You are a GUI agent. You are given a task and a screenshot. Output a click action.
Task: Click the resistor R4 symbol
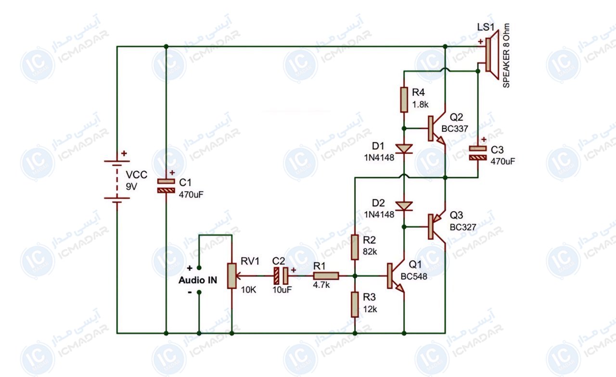[x=404, y=100]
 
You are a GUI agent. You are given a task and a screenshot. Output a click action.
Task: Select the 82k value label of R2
[x=370, y=251]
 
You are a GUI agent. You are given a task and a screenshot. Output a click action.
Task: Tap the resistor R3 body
[x=355, y=305]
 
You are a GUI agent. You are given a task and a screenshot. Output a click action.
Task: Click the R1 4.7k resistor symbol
[x=326, y=276]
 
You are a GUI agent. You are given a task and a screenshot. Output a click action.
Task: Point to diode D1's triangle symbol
[x=404, y=149]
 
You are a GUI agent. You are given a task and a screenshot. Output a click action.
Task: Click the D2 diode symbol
[x=404, y=206]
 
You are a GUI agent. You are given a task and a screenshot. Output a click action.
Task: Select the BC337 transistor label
[x=455, y=128]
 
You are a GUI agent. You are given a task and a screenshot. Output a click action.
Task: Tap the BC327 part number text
[x=463, y=227]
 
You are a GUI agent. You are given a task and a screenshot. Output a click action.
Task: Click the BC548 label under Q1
[x=414, y=276]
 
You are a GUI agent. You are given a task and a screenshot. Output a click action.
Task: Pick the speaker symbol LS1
[x=491, y=55]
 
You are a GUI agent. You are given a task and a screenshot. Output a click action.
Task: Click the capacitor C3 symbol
[x=478, y=153]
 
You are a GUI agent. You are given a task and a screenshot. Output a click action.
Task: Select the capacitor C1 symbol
[x=166, y=186]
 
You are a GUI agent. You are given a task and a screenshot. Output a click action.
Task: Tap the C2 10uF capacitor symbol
[x=281, y=276]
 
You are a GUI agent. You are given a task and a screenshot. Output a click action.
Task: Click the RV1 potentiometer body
[x=231, y=276]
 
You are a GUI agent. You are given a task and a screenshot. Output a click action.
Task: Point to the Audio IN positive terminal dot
[x=199, y=268]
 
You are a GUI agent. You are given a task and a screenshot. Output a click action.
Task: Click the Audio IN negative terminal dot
[x=199, y=292]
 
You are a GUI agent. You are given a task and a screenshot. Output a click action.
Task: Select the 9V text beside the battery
[x=131, y=187]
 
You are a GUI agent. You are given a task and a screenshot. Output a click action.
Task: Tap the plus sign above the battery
[x=124, y=153]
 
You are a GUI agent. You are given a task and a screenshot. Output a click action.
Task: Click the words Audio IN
[x=198, y=280]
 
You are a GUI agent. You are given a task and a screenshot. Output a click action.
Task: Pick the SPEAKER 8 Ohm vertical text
[x=506, y=55]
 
